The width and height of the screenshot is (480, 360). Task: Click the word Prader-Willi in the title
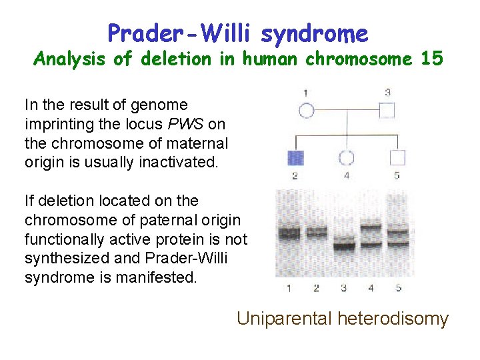pos(179,33)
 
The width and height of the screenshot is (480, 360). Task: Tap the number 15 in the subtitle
pos(431,59)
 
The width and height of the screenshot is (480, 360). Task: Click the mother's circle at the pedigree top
pos(306,110)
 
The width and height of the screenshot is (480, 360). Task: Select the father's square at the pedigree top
pos(387,110)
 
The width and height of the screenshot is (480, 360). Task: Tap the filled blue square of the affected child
pos(295,158)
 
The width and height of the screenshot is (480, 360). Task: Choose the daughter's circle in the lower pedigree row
pos(346,158)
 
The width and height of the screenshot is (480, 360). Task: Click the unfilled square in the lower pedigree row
pos(397,158)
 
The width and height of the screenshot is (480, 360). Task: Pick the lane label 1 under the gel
pos(289,288)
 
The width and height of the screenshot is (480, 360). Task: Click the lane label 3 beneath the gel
pos(344,288)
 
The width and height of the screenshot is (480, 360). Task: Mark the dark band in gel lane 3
pos(344,246)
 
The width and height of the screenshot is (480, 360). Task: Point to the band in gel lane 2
pos(317,233)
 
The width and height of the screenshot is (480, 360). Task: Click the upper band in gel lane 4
pos(371,229)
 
